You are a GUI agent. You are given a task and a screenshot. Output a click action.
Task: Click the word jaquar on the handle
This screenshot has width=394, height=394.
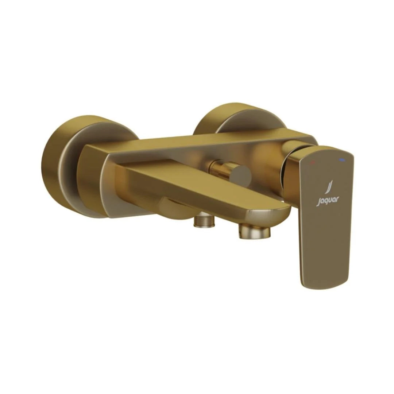click(328, 200)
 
